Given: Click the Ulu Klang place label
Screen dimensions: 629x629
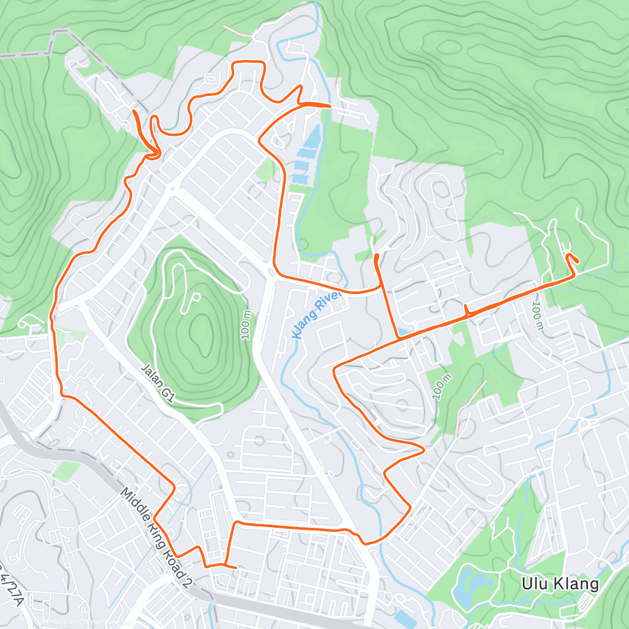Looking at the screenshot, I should click(560, 584).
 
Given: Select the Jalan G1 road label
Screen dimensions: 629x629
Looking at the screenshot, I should click(157, 383).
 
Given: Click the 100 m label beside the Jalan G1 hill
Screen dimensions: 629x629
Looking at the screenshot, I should click(246, 325).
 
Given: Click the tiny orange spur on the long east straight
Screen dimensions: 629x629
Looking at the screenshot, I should click(465, 307).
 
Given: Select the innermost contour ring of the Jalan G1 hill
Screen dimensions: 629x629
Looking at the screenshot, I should click(201, 331).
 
